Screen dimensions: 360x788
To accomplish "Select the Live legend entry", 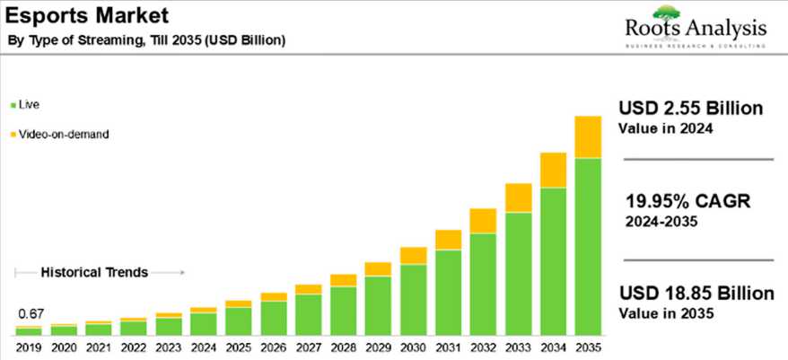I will point(28,105).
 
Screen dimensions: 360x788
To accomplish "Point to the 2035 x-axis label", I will point(588,347).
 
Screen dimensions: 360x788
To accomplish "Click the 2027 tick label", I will point(308,347).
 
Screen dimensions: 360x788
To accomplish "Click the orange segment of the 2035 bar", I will point(588,136).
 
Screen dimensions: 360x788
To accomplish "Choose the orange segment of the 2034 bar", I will point(553,170).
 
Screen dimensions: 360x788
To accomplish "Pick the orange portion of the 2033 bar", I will point(518,198).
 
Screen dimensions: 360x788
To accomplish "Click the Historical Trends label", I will point(94,272).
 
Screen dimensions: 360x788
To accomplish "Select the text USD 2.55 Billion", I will point(690,109).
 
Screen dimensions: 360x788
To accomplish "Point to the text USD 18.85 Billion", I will point(696,294).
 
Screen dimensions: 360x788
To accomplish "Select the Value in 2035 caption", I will point(665,313).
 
